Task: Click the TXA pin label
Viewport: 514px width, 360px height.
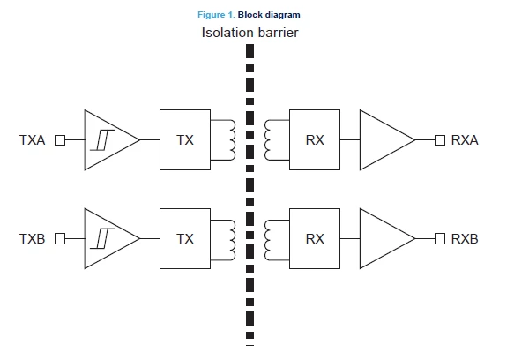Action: click(32, 140)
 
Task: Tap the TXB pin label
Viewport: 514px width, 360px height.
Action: click(32, 239)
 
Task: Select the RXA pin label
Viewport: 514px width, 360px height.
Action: click(465, 140)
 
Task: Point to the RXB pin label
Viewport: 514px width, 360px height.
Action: click(465, 239)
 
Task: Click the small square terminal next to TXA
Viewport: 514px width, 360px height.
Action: click(60, 140)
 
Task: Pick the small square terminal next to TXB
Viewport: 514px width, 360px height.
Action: click(60, 238)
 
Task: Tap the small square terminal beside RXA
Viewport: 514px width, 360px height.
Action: click(440, 140)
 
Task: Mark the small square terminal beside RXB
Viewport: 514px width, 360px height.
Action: click(440, 238)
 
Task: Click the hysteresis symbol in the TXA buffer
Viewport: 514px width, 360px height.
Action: click(102, 140)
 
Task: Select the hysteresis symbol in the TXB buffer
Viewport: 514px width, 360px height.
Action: click(102, 238)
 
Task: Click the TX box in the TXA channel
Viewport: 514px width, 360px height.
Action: click(185, 139)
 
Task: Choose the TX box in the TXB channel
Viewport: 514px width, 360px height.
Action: click(185, 238)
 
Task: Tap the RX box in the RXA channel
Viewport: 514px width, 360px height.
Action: click(315, 139)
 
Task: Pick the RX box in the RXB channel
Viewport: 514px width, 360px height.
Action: click(315, 238)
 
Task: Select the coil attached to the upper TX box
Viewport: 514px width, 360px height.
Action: click(233, 140)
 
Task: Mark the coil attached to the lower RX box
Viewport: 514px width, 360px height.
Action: click(265, 240)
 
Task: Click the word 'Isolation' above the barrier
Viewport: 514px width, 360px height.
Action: click(227, 33)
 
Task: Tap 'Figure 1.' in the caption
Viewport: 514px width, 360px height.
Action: click(216, 15)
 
